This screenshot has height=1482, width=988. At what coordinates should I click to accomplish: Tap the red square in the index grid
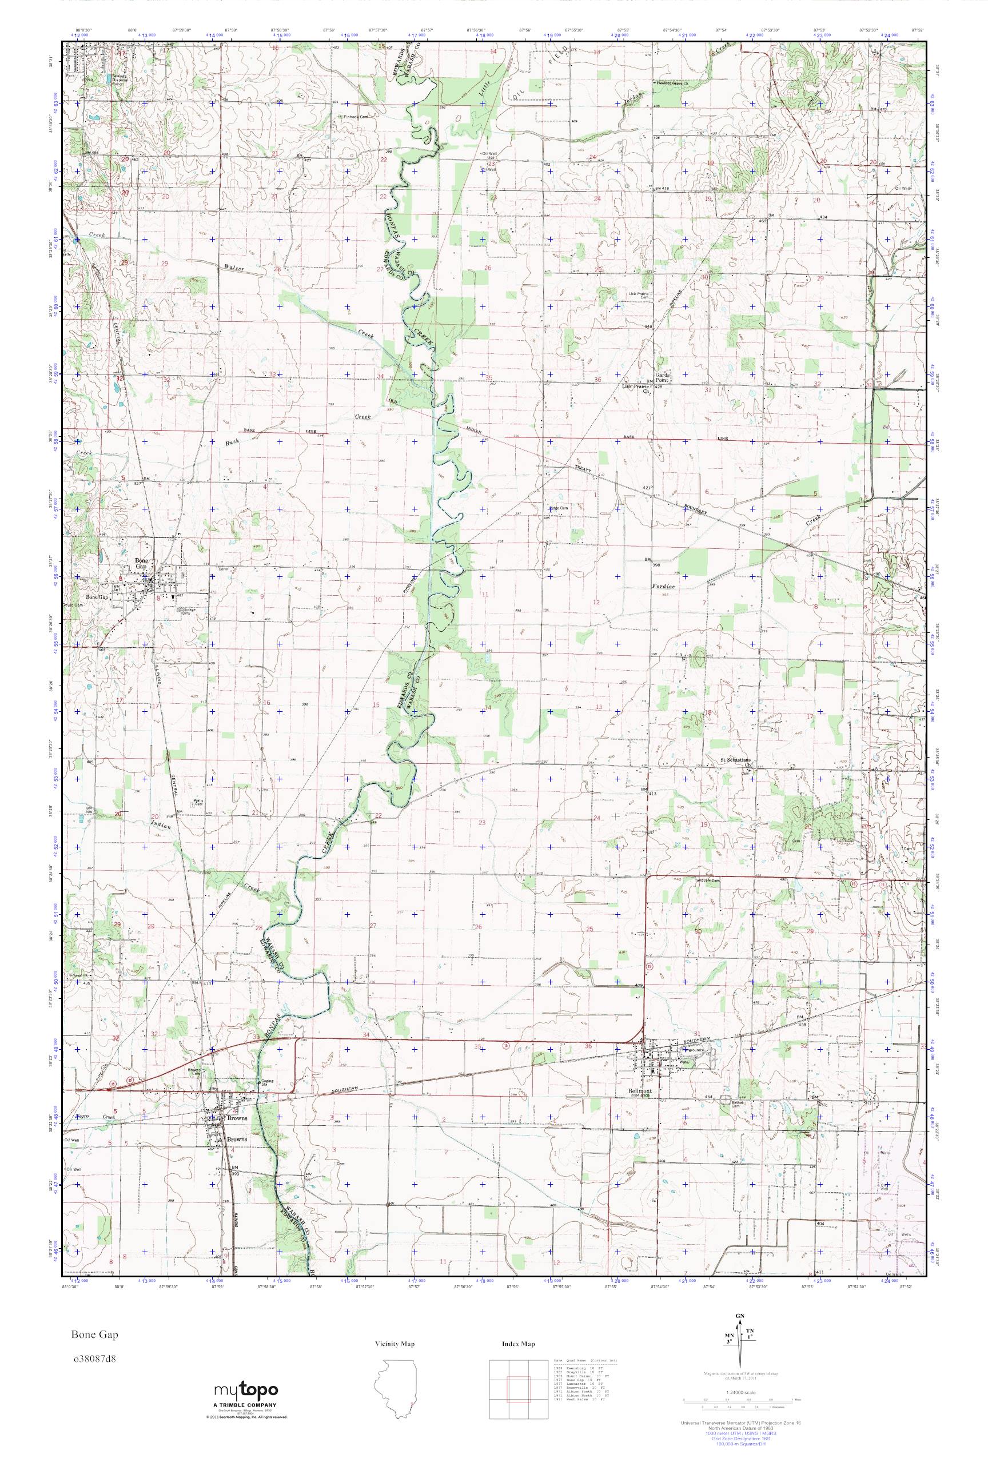[x=517, y=1386]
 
